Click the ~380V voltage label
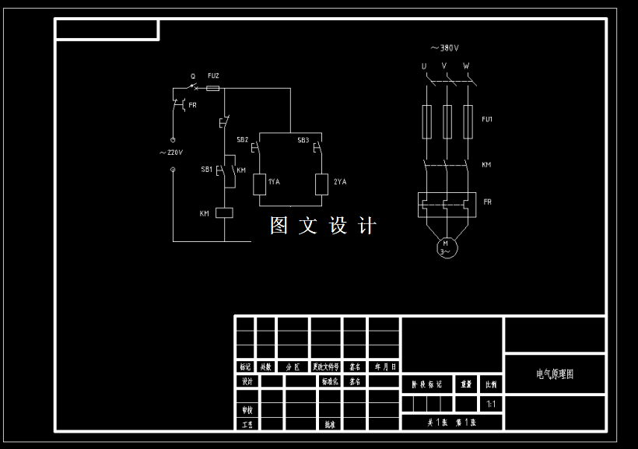[x=444, y=47]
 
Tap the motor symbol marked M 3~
[x=446, y=247]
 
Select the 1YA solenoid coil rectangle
[x=260, y=184]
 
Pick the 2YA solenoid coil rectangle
[x=321, y=184]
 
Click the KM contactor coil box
[x=224, y=212]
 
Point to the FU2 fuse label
[x=213, y=75]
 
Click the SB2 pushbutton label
[x=242, y=140]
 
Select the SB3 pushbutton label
[x=303, y=140]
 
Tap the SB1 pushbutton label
[x=206, y=169]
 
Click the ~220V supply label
[x=170, y=153]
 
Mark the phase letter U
[x=424, y=66]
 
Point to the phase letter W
[x=466, y=66]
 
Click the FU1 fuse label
[x=487, y=119]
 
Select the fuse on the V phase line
[x=447, y=121]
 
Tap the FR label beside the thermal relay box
[x=487, y=202]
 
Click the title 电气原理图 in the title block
[x=555, y=374]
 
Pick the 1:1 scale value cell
[x=491, y=404]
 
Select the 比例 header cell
[x=491, y=384]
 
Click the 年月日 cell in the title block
[x=384, y=366]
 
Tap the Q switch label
[x=193, y=76]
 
